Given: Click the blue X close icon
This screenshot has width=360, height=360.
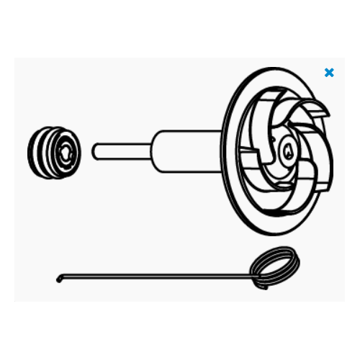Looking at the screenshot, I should (x=329, y=73).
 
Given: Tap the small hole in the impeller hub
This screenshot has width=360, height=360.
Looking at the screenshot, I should (x=285, y=151).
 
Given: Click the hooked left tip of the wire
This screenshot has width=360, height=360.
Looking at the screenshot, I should (x=58, y=279).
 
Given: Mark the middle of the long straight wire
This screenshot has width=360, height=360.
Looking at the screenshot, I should (x=155, y=274).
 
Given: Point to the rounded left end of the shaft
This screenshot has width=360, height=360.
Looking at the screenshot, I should (x=95, y=152).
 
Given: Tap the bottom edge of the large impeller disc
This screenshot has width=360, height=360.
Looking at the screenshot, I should (x=267, y=233).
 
